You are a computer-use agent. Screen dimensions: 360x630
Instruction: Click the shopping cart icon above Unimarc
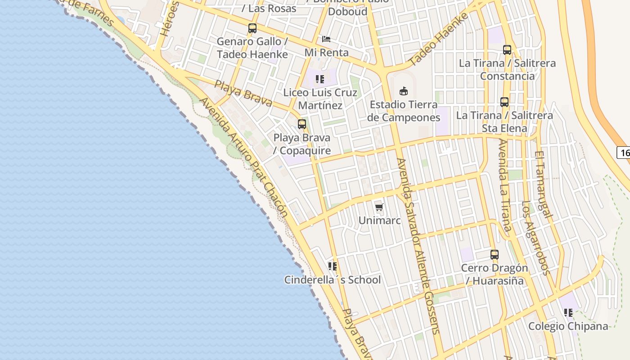tap(379, 207)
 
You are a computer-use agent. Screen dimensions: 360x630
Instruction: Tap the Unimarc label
tap(379, 220)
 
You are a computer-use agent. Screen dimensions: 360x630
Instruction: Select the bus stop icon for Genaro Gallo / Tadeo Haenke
tap(252, 28)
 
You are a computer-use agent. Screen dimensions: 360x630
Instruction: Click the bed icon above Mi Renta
tap(326, 39)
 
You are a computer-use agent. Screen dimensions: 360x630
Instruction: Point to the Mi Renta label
tap(326, 53)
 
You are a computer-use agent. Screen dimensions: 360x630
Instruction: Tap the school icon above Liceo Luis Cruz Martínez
tap(320, 80)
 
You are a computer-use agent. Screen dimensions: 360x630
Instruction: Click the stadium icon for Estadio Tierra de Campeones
tap(404, 91)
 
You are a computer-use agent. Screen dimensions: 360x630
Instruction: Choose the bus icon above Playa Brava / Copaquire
tap(302, 124)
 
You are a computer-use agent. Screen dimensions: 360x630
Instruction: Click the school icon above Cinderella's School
tap(333, 266)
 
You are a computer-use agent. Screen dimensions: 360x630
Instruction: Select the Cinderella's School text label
tap(332, 280)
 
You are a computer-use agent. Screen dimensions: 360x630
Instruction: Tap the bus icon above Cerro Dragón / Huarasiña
tap(495, 255)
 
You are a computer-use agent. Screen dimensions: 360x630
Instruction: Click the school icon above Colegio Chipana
tap(568, 313)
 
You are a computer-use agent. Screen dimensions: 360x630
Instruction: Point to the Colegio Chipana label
tap(568, 326)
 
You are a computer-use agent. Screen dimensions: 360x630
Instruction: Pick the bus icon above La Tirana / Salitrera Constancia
tap(507, 50)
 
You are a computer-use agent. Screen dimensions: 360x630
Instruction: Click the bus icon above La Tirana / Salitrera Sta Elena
tap(504, 102)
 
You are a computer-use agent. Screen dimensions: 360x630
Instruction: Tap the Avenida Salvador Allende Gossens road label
tap(417, 245)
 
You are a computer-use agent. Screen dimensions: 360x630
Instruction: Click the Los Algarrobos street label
tap(535, 238)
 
